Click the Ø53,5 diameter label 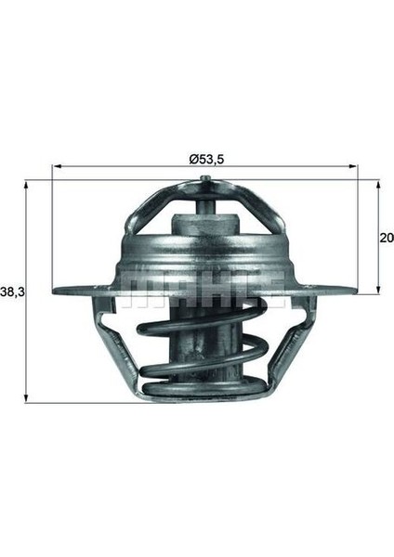point(205,159)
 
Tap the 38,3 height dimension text point(13,291)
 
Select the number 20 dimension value point(386,238)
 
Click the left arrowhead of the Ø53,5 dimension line point(57,167)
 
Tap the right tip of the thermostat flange point(353,289)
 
